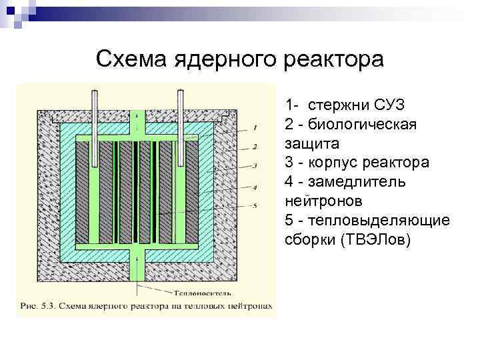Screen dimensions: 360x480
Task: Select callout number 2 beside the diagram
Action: point(256,146)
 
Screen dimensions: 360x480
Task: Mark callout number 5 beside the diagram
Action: point(256,206)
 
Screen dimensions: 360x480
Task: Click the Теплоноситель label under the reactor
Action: point(191,292)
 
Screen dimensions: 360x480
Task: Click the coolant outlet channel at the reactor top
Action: point(138,120)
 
